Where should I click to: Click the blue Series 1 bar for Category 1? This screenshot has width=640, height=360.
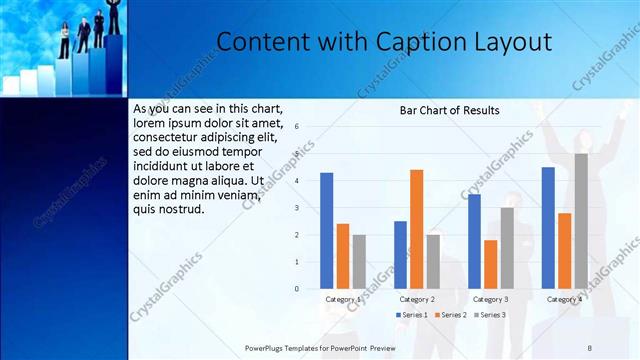pos(327,230)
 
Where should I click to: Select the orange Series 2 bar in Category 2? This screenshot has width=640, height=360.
pos(416,229)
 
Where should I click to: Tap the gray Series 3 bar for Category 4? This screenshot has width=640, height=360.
pos(581,221)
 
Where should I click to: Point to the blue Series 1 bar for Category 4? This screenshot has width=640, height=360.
pos(548,227)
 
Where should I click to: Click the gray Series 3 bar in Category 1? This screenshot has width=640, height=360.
pos(359,261)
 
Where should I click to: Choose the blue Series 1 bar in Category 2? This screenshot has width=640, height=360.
pos(400,254)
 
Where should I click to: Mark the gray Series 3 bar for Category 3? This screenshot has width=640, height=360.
pos(507,248)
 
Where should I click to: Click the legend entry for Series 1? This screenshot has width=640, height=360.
pos(413,315)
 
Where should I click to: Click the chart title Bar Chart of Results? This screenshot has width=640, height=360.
pos(450,110)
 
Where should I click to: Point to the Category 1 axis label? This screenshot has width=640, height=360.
pos(343,299)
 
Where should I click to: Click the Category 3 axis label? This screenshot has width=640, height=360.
pos(490,299)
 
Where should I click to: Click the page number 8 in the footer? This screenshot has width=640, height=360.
pos(590,347)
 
